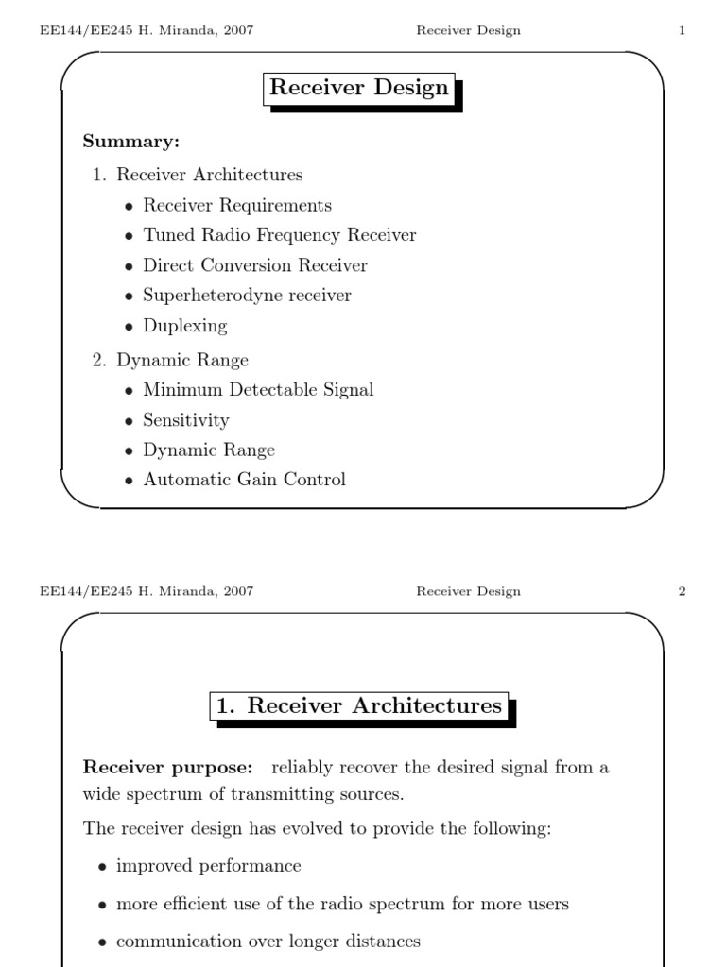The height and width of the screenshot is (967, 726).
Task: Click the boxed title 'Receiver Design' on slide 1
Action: pos(359,89)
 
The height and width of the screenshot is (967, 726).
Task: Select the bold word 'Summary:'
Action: pos(131,142)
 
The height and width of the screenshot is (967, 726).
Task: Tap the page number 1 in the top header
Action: pos(682,31)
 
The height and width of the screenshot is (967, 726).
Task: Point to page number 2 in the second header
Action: pos(682,592)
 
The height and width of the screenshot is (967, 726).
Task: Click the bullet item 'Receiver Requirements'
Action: pos(237,205)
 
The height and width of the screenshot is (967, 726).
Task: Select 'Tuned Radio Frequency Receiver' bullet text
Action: pos(279,235)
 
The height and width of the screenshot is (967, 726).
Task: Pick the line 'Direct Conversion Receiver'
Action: pos(254,265)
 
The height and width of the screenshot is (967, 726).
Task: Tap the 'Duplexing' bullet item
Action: pos(185,326)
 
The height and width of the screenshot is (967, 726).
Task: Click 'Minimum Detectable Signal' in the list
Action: pos(258,390)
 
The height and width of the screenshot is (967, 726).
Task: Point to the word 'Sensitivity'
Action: pos(186,420)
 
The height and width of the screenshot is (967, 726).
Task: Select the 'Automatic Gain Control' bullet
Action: pos(244,480)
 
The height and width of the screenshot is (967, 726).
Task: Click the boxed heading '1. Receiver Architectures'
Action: pos(359,706)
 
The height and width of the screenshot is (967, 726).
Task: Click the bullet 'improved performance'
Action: pos(208,866)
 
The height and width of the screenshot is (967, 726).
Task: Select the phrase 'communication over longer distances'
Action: pos(268,942)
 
